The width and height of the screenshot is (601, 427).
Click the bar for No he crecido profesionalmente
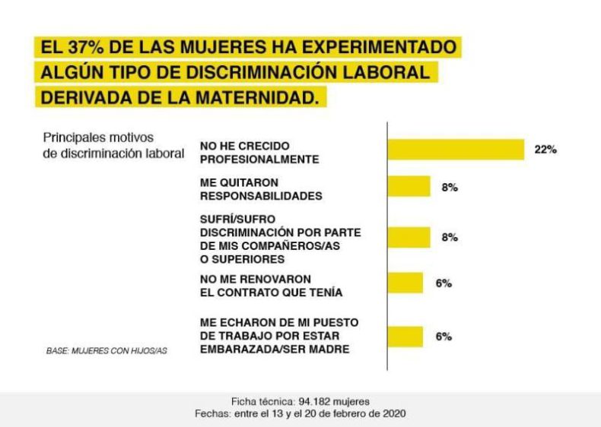(456, 150)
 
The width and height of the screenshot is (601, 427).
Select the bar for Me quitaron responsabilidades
(409, 187)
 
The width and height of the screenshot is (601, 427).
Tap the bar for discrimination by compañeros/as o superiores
(409, 237)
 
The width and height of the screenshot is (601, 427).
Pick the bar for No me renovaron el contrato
(405, 283)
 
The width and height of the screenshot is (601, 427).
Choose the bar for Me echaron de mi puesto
(405, 337)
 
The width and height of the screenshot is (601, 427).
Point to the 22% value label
(545, 150)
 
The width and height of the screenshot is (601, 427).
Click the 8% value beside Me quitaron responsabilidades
(450, 187)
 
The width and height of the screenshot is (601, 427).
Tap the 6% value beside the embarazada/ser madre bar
(444, 337)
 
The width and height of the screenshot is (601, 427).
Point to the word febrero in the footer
(348, 413)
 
